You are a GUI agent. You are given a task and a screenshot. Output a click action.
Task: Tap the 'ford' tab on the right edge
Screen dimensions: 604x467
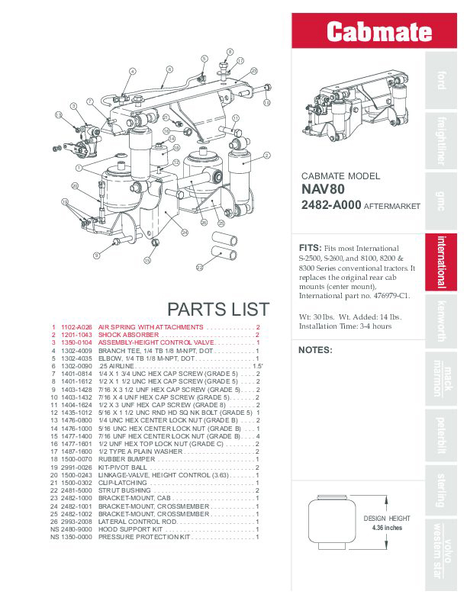441,80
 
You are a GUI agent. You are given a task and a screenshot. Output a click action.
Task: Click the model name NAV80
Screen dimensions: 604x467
323,191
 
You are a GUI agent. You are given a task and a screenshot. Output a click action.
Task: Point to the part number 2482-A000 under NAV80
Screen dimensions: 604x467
331,206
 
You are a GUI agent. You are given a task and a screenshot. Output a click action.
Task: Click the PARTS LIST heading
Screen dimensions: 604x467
217,309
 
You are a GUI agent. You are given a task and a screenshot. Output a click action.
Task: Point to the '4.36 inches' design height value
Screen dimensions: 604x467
388,528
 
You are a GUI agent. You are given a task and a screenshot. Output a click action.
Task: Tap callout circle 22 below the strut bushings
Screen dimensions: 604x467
199,267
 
